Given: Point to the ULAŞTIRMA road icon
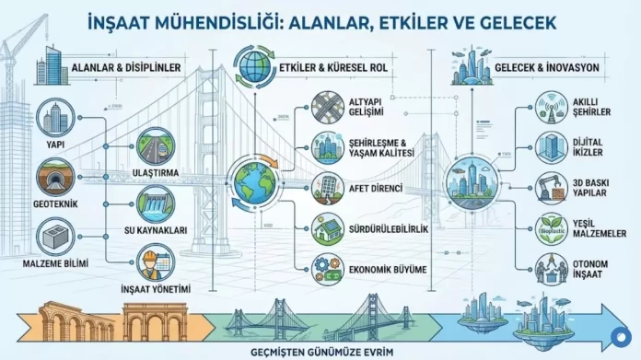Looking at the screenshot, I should click(152, 145).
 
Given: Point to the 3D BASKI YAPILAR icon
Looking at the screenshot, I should click(555, 187).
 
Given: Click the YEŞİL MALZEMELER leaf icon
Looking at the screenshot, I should click(555, 227).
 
